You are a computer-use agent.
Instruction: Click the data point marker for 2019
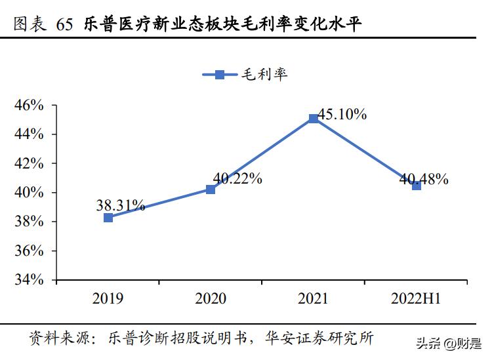click(x=108, y=217)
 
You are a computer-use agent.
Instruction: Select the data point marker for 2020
click(x=211, y=189)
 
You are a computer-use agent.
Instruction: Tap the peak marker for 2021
click(x=314, y=119)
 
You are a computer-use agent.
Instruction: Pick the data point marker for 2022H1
click(x=417, y=186)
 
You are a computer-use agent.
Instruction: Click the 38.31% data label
click(x=120, y=205)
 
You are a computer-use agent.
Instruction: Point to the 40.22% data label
click(x=237, y=178)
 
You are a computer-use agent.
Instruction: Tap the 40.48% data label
click(x=424, y=178)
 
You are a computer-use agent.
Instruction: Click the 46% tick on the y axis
click(x=29, y=105)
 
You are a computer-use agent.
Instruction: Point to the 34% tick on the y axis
click(x=29, y=280)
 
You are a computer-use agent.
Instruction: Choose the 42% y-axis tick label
click(x=29, y=163)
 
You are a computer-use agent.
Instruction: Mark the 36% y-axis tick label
click(x=29, y=251)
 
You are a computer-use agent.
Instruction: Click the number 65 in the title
click(x=65, y=26)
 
